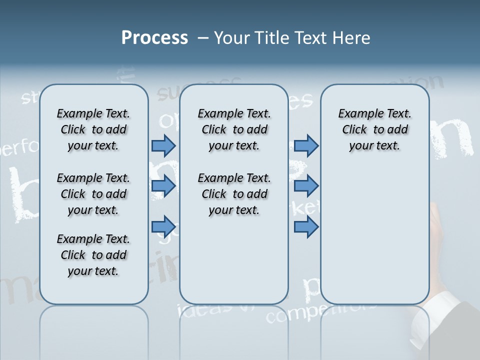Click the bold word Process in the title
pos(154,38)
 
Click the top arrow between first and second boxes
pos(163,145)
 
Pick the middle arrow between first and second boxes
pos(163,186)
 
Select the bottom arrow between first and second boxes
pos(163,226)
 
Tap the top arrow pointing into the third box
pos(306,145)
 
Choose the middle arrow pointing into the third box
pos(306,186)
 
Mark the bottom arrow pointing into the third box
pos(306,226)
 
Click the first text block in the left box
pos(93,129)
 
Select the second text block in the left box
pos(93,194)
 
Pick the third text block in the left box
pos(93,255)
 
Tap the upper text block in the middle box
pos(234,129)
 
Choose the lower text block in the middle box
pos(234,194)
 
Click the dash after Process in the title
pos(203,38)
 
